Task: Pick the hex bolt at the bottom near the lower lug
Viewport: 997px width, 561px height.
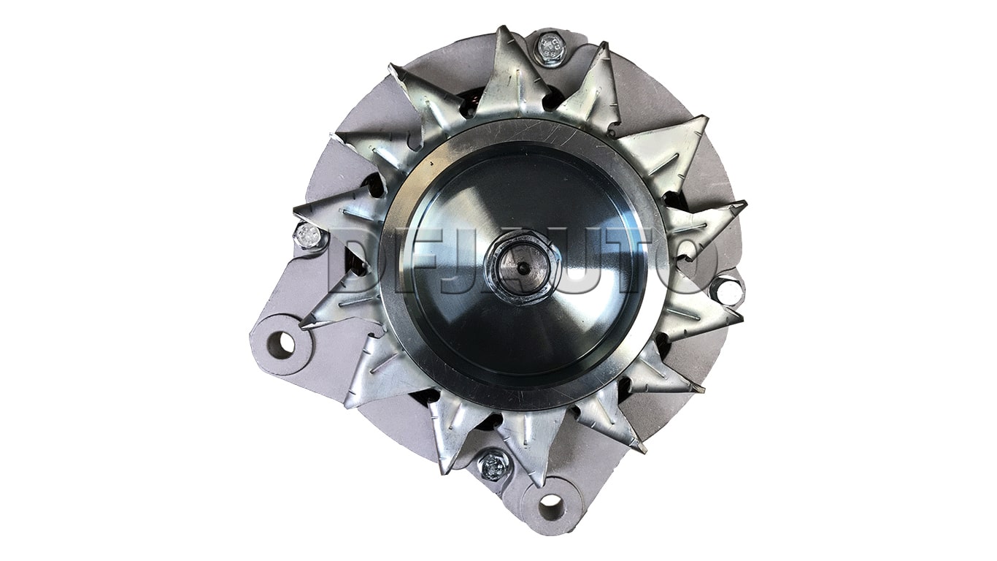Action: tap(493, 465)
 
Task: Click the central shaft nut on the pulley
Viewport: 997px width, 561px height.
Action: tap(521, 268)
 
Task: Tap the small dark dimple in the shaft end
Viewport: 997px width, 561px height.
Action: tap(524, 268)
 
